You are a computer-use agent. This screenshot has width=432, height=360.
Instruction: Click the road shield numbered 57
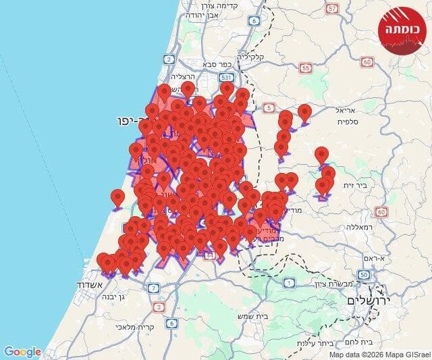[x=331, y=9]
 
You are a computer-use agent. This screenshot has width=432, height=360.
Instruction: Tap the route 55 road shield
[x=306, y=68]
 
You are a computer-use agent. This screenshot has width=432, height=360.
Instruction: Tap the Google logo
[x=23, y=351]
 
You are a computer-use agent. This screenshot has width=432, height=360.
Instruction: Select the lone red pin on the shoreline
[x=118, y=198]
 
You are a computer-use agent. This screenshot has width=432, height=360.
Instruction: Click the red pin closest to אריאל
[x=305, y=112]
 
